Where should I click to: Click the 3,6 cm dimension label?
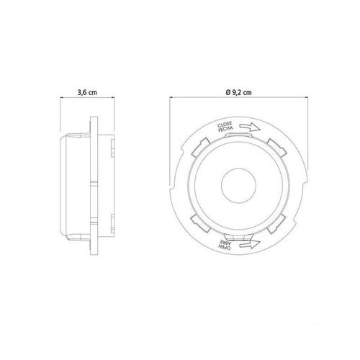pos(87,92)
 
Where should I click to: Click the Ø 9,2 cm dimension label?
pos(239,92)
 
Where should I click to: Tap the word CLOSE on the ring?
pos(225,125)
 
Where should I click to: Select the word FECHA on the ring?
pos(225,129)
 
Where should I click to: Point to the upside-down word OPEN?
pos(225,248)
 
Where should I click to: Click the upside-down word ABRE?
pos(224,243)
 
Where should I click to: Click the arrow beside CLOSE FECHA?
pos(250,127)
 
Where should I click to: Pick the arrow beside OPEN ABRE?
pos(250,244)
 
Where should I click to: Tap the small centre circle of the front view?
pos(238,185)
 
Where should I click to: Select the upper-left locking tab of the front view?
pos(199,148)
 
